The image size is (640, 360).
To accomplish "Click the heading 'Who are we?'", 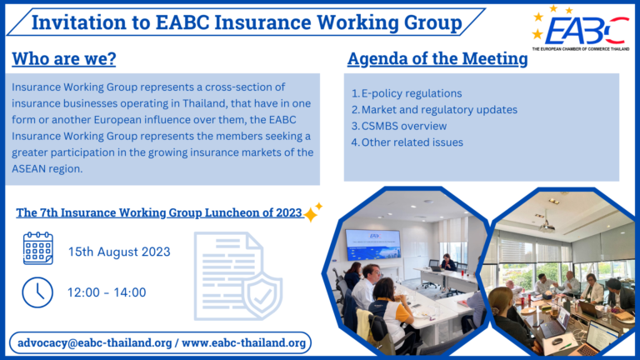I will coord(63,59).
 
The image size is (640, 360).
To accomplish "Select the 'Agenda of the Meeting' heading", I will coord(437,59).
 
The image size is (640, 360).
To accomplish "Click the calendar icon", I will coord(37,248).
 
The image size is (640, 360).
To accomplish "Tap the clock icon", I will coord(37,292).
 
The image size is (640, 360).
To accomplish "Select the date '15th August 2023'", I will coord(119,252).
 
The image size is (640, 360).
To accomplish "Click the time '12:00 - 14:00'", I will coord(107,292).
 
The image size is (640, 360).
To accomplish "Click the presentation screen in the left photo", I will coord(372,242).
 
